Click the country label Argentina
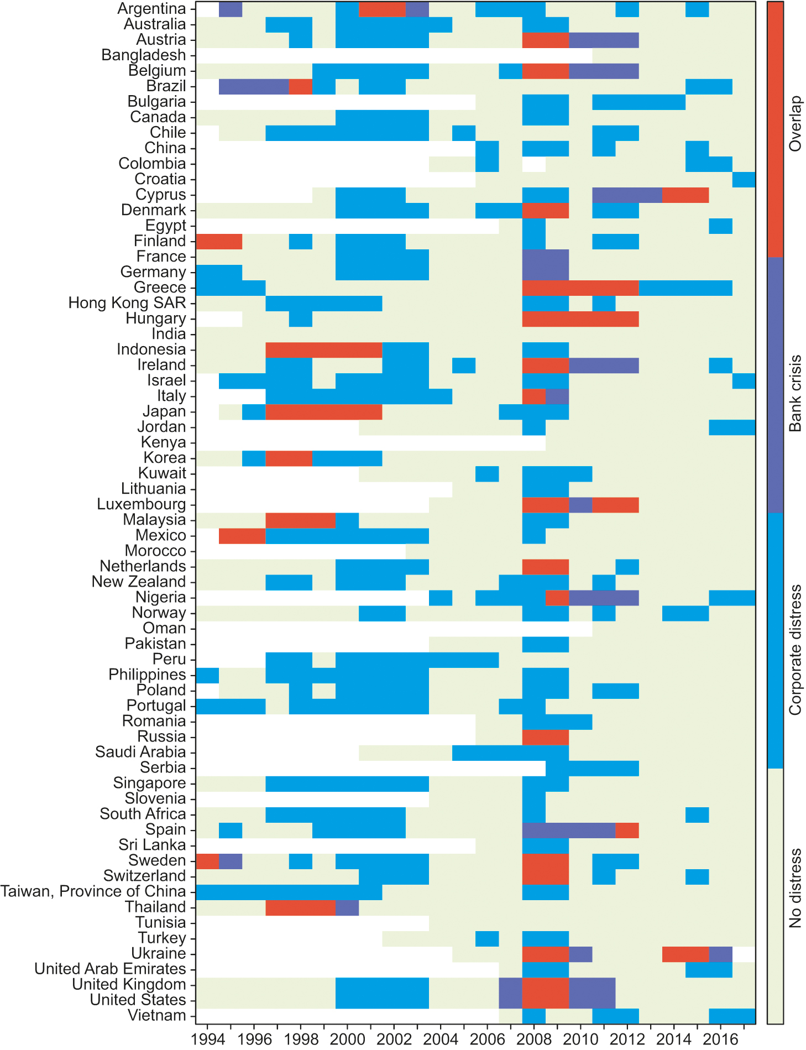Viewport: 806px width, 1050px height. [x=151, y=9]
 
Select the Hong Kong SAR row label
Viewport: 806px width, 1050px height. [x=127, y=303]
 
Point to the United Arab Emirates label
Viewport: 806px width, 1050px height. [x=110, y=969]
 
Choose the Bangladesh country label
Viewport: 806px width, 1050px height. [x=143, y=55]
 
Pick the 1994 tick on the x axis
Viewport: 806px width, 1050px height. [x=208, y=1039]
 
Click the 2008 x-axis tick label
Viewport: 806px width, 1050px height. [x=534, y=1039]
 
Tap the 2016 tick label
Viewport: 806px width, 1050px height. [x=720, y=1039]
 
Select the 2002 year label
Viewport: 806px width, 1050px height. [x=394, y=1039]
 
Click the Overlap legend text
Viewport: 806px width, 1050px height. [x=795, y=124]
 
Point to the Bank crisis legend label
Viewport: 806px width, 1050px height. [x=795, y=393]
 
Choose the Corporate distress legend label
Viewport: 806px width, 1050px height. [x=795, y=649]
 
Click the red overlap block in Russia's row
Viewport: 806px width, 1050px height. [x=546, y=736]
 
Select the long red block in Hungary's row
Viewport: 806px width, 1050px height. [x=580, y=318]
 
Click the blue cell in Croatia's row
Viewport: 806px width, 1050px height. [x=744, y=179]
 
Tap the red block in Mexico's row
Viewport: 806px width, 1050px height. [x=242, y=535]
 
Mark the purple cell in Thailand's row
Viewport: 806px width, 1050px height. [x=347, y=907]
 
